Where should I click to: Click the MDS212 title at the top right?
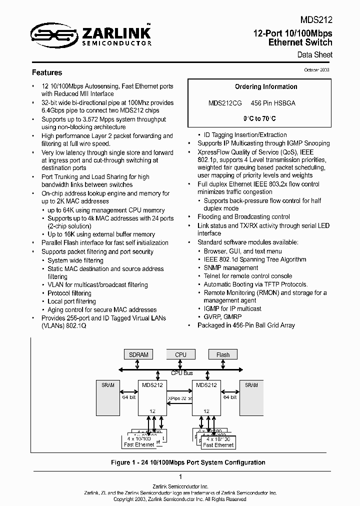(x=316, y=20)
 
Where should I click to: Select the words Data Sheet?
(x=315, y=55)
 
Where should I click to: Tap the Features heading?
(x=47, y=72)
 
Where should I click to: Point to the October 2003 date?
(x=316, y=70)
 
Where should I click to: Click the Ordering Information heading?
(x=266, y=86)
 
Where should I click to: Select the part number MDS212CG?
(x=225, y=102)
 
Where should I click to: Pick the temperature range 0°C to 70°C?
(x=259, y=118)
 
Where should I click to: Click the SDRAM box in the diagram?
(x=138, y=354)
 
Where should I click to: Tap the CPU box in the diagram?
(x=180, y=354)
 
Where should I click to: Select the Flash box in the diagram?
(x=223, y=354)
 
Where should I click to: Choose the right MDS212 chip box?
(x=206, y=397)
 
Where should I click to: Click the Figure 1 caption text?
(x=188, y=462)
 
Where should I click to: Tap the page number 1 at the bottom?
(x=180, y=477)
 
